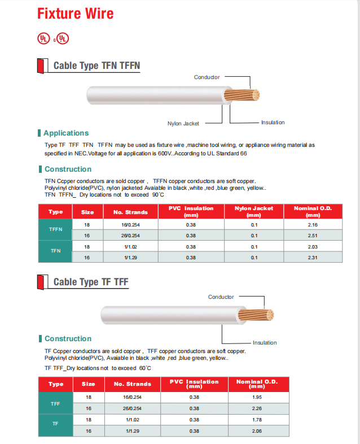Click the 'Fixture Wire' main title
tap(75, 14)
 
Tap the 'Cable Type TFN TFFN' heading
tap(96, 66)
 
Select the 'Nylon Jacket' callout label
tap(183, 123)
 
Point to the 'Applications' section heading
tap(66, 133)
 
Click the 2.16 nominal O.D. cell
tap(312, 225)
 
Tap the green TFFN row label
tap(55, 230)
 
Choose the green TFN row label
tap(55, 251)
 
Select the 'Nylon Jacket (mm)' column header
tap(254, 211)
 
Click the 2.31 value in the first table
tap(312, 258)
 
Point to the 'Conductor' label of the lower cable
tap(221, 297)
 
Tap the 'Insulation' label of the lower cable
tap(265, 343)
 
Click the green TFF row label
tap(55, 403)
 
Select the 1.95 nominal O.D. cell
tap(257, 397)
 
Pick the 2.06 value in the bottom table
tap(257, 431)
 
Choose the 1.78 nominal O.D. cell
tap(257, 420)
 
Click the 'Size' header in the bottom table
tap(89, 384)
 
